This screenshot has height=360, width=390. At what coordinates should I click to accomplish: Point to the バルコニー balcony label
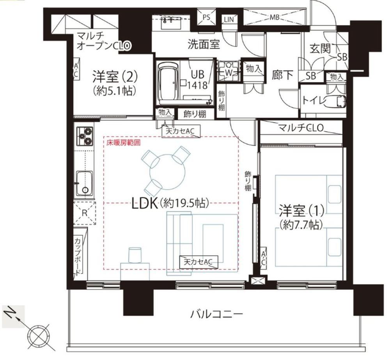click(x=216, y=314)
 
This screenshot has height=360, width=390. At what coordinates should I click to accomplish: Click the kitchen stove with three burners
click(x=85, y=136)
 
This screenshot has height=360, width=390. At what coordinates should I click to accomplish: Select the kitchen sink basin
click(x=85, y=183)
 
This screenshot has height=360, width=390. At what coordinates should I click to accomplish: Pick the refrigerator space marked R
click(x=85, y=213)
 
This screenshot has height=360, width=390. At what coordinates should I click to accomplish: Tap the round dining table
click(x=167, y=172)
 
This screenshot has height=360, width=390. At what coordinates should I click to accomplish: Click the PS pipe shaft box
click(x=206, y=17)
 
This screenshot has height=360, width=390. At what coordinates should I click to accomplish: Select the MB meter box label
click(x=274, y=17)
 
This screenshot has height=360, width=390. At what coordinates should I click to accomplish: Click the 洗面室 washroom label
click(x=204, y=45)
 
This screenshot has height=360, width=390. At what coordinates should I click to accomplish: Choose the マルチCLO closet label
click(x=301, y=128)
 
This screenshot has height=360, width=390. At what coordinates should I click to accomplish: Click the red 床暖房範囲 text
click(x=123, y=143)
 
